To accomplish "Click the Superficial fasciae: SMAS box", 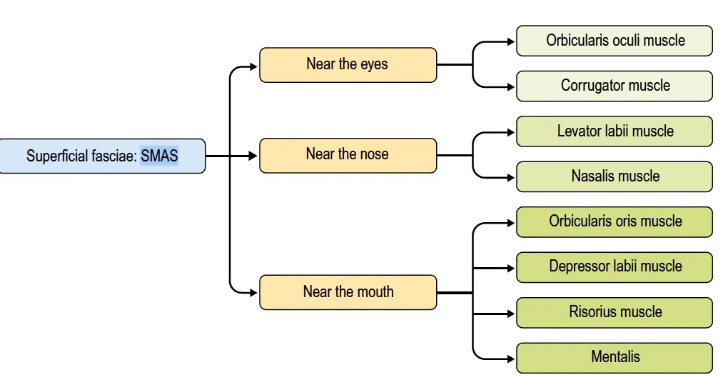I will click(102, 156).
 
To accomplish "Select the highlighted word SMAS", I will click(159, 155).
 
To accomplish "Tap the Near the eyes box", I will click(348, 64).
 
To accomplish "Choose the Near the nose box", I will click(348, 155).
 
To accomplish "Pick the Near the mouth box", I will click(348, 292).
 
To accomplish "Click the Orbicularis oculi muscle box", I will click(615, 41).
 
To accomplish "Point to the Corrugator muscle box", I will click(615, 86).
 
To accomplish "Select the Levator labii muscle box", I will click(615, 131).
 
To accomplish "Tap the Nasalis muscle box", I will click(615, 176).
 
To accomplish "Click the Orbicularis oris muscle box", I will click(615, 221).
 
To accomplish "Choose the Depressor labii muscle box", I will click(615, 266).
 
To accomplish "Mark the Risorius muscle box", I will click(615, 312).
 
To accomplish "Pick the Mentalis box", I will click(615, 357).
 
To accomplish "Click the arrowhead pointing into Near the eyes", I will click(253, 67).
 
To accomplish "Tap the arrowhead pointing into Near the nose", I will click(253, 155).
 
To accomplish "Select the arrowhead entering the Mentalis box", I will click(511, 357).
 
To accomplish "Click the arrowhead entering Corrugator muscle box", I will click(511, 87).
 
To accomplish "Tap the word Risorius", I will click(594, 312).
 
